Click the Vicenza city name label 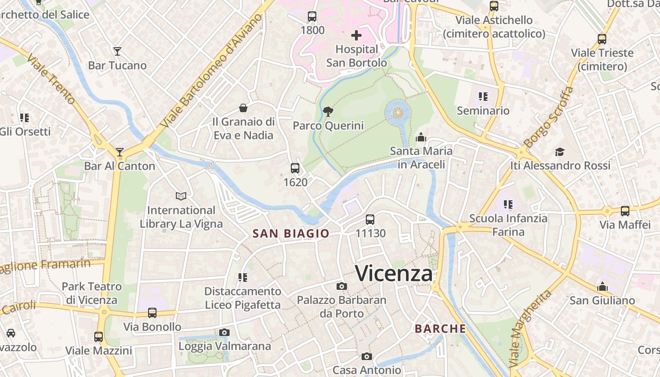(394, 273)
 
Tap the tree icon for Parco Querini (328, 112)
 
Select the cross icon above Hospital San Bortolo (356, 35)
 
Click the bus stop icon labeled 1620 (295, 168)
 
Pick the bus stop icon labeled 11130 (370, 219)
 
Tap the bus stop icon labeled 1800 (312, 16)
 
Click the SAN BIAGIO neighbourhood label (291, 234)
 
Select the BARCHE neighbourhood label (440, 329)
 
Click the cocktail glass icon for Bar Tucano (117, 51)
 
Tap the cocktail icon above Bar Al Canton (120, 152)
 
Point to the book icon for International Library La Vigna (181, 196)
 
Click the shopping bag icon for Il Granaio (243, 108)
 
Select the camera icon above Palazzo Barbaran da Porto (342, 286)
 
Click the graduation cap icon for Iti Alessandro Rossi (560, 152)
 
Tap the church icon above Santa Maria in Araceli (421, 138)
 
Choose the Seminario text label (483, 111)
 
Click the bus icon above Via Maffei (625, 211)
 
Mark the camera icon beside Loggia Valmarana (224, 333)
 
